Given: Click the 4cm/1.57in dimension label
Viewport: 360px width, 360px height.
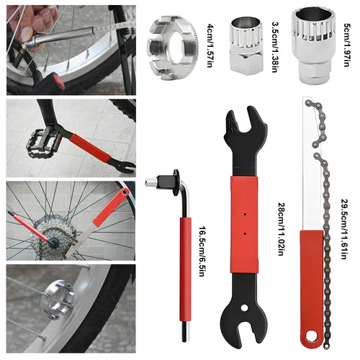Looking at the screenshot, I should [x=210, y=45].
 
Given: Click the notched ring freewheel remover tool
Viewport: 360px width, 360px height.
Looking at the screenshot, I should [x=172, y=42].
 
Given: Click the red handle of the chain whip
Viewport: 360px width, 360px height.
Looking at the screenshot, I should [x=312, y=288].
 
